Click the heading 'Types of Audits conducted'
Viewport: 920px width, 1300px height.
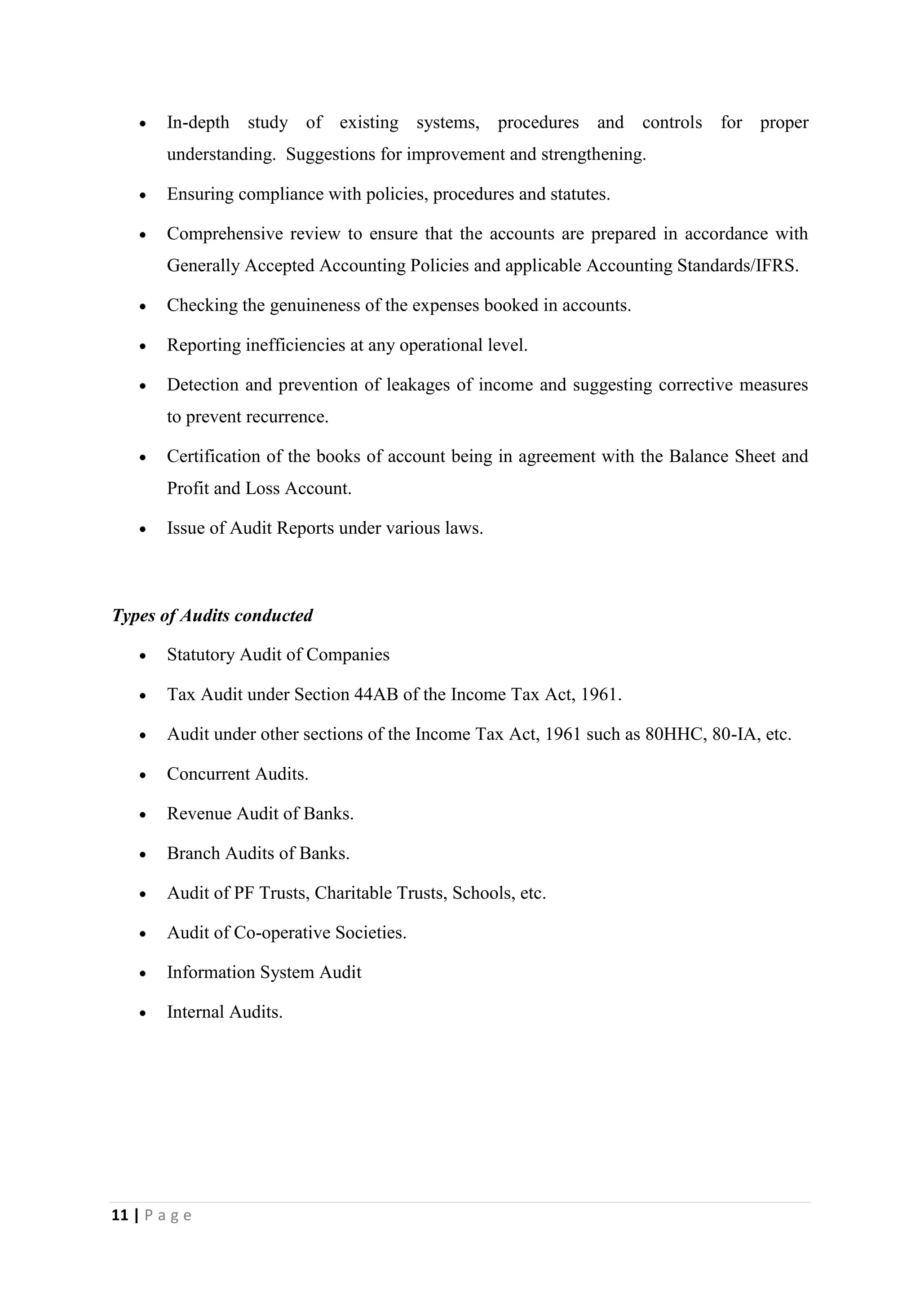212,615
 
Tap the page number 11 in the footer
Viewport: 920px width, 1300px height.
119,1215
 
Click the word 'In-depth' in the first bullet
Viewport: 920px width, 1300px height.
198,122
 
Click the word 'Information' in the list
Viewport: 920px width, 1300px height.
211,972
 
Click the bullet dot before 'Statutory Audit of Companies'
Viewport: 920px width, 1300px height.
143,656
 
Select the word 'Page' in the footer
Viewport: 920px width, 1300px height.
168,1215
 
